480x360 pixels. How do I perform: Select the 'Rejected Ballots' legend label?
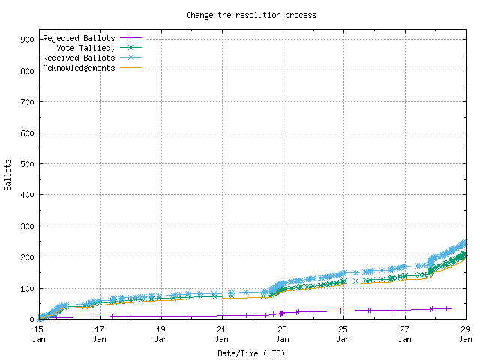click(79, 37)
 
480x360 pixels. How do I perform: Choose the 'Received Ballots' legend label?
click(79, 58)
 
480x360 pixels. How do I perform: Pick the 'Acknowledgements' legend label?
click(79, 67)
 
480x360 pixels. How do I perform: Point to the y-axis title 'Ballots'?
click(8, 175)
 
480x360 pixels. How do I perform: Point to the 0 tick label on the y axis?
click(31, 319)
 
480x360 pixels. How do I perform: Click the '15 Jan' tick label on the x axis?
click(38, 334)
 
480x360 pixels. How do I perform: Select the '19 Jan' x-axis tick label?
click(160, 334)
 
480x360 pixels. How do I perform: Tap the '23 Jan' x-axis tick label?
click(282, 334)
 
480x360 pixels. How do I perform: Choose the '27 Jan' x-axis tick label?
click(404, 334)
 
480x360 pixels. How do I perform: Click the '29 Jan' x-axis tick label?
click(465, 334)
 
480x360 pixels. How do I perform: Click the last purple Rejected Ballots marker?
click(448, 308)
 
